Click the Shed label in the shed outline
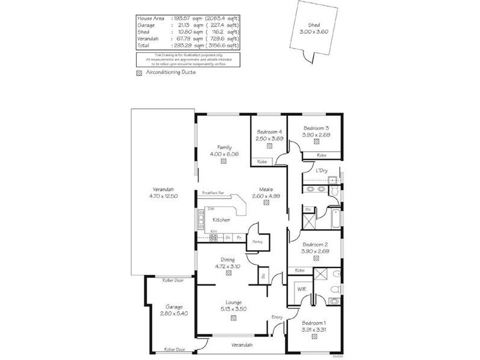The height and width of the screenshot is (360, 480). pos(314,25)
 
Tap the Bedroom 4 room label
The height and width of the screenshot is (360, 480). pos(269,132)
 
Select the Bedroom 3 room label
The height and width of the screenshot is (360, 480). pos(316,128)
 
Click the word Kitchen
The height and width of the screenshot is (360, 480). pos(222,220)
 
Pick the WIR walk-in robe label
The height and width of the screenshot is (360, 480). pos(302,289)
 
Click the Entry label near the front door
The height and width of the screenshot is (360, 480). pos(277,317)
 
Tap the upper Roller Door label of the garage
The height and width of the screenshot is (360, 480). pos(173,280)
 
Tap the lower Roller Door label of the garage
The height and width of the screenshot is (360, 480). pos(173,349)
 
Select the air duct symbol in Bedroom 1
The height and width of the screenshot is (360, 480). pos(314,335)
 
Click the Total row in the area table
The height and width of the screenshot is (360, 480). pos(188,46)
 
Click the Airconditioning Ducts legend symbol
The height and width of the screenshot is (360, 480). pos(140,72)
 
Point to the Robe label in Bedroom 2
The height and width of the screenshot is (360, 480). pos(299,270)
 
